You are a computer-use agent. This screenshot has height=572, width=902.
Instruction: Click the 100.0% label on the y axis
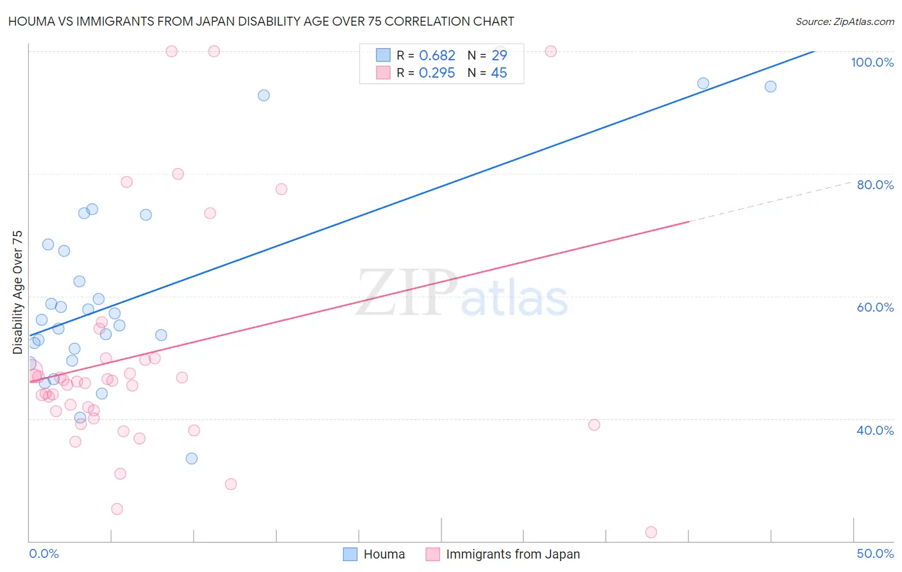click(872, 62)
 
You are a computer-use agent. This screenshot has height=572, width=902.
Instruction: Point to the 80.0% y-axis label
click(875, 185)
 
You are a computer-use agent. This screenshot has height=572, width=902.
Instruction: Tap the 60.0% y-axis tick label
click(875, 307)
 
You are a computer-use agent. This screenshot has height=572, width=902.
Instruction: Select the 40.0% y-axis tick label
click(875, 430)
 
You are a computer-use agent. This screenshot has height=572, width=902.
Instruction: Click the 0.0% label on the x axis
click(44, 553)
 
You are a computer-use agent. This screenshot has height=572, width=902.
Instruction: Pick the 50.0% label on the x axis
click(875, 553)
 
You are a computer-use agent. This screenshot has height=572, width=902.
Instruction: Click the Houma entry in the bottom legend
click(384, 554)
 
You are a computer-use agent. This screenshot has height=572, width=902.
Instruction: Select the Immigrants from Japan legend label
click(513, 554)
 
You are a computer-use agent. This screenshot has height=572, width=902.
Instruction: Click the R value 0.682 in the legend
click(437, 56)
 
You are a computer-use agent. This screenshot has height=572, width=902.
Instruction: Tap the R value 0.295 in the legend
click(437, 73)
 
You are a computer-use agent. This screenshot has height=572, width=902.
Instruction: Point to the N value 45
click(498, 73)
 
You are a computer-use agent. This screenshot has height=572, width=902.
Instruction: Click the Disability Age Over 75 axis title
click(17, 292)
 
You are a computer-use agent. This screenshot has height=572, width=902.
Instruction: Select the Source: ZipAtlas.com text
click(844, 22)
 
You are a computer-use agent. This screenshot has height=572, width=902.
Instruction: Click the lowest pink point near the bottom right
click(651, 532)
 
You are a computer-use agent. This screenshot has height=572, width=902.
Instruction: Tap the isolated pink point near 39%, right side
click(594, 425)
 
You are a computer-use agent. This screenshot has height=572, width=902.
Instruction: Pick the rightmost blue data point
click(770, 87)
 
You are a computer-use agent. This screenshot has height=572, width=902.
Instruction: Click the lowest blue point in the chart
click(191, 458)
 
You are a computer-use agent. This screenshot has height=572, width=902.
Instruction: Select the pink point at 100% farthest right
click(550, 51)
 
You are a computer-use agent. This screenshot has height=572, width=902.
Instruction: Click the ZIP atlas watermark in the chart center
click(462, 294)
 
